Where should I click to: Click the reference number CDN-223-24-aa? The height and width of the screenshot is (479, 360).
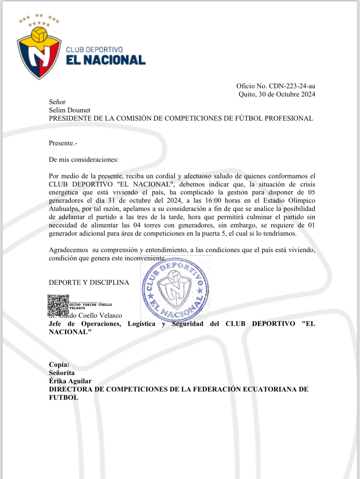[292, 86]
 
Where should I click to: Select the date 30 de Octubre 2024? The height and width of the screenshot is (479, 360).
[287, 94]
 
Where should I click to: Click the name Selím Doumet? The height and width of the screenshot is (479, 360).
[70, 110]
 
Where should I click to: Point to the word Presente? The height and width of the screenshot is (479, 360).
[62, 143]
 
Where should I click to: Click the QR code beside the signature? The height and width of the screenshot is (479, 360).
[58, 305]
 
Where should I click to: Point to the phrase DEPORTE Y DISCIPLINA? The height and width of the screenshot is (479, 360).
[89, 283]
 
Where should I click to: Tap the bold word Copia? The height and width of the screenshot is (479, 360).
[59, 365]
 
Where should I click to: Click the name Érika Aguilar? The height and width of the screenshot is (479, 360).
[70, 381]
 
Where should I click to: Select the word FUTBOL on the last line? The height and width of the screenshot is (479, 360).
[64, 398]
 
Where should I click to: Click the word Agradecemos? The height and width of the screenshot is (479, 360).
[68, 250]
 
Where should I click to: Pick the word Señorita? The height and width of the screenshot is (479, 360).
[62, 373]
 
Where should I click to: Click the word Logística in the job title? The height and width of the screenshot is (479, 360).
[141, 324]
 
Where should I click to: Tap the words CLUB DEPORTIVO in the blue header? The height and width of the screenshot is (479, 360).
[94, 49]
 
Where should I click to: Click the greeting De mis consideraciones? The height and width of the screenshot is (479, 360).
[84, 160]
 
